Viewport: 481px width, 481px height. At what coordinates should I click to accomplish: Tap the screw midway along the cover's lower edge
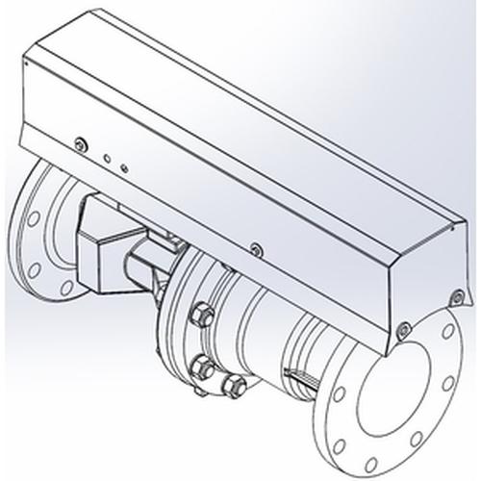(255, 249)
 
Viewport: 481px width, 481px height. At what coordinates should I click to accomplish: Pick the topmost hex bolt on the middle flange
(203, 314)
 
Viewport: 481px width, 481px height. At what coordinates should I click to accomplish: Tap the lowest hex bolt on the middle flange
(230, 387)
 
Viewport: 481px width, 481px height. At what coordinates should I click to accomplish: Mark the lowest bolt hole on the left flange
(67, 287)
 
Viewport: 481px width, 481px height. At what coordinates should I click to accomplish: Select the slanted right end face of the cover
(418, 279)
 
